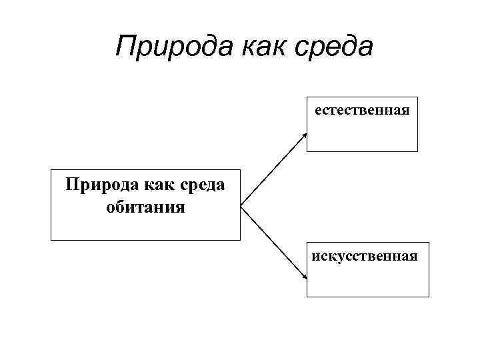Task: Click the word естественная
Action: [362, 109]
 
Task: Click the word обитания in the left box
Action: [145, 207]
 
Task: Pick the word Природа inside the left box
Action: [97, 185]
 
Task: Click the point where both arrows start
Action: [241, 204]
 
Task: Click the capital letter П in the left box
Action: [71, 185]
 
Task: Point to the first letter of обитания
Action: [111, 208]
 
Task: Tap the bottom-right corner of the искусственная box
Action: [429, 297]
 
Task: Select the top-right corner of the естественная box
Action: [417, 97]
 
